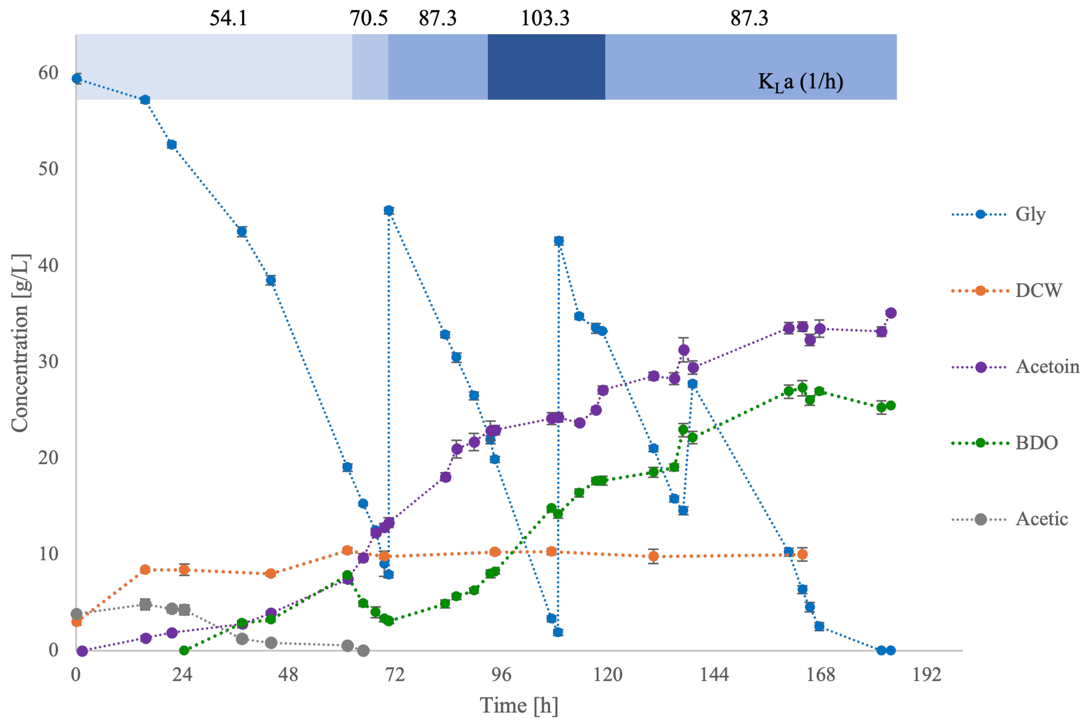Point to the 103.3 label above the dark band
point(545,18)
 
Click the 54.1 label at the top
point(228,18)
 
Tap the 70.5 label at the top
point(368,18)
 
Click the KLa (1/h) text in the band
point(800,82)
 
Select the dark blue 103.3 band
point(546,67)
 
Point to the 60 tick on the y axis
point(48,73)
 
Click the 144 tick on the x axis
point(714,675)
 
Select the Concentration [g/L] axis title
point(20,343)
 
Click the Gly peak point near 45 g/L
point(389,210)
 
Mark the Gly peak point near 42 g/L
point(559,241)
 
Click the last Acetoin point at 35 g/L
point(891,313)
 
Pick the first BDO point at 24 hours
point(184,650)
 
